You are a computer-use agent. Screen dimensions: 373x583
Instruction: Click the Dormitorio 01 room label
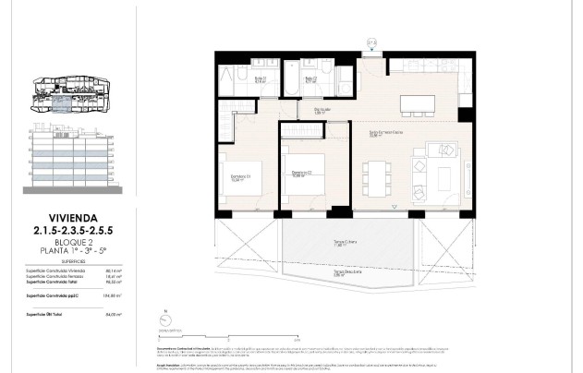(x=237, y=180)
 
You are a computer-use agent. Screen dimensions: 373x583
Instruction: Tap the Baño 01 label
(x=261, y=79)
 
